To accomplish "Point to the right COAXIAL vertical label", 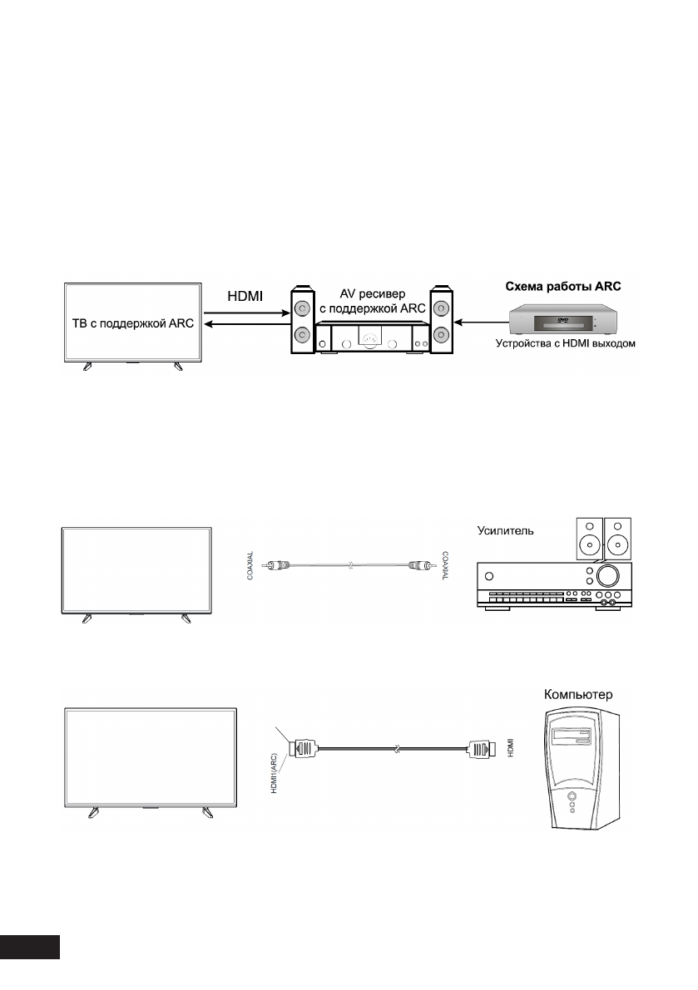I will [x=446, y=567].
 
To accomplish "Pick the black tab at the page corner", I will [x=31, y=948].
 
